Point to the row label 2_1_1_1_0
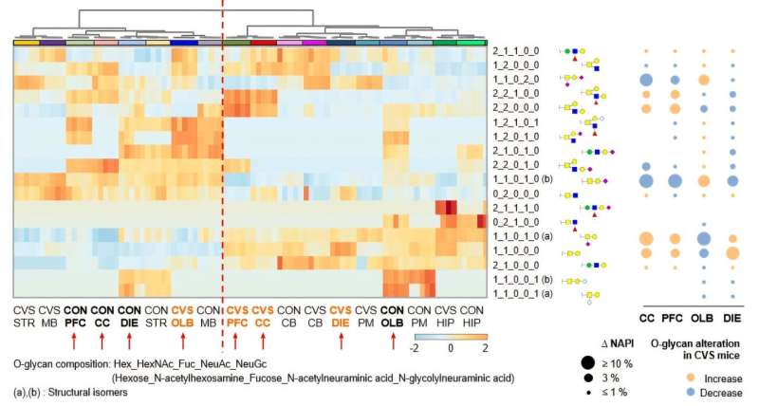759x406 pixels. click(x=515, y=207)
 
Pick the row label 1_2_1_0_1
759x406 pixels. click(x=515, y=120)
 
